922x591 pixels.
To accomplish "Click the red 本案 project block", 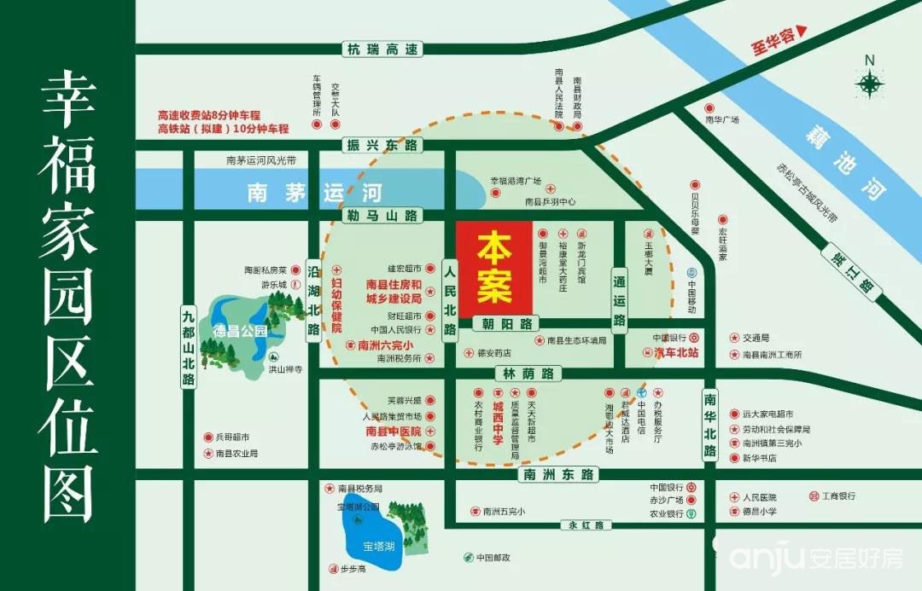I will pyautogui.click(x=494, y=269).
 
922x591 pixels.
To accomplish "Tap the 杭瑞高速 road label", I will pyautogui.click(x=382, y=49).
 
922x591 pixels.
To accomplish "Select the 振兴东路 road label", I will pyautogui.click(x=382, y=146).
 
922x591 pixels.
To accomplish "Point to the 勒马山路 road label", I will pyautogui.click(x=382, y=217).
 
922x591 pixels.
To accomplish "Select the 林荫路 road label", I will pyautogui.click(x=528, y=374).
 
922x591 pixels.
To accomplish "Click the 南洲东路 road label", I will pyautogui.click(x=558, y=474).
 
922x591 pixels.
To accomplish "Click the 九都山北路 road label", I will pyautogui.click(x=188, y=346).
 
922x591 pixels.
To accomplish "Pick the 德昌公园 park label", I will pyautogui.click(x=240, y=330).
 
